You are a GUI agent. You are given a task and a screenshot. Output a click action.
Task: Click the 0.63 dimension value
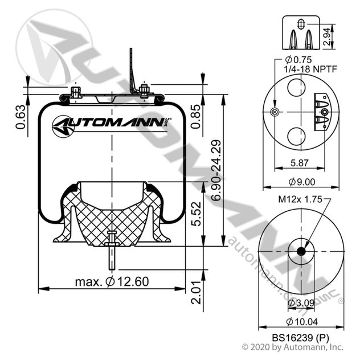click(x=20, y=117)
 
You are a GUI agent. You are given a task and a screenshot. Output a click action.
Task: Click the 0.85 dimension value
click(x=195, y=117)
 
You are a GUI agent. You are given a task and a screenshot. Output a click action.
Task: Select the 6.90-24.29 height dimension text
click(x=216, y=170)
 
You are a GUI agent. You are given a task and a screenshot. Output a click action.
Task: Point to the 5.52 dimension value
click(x=197, y=214)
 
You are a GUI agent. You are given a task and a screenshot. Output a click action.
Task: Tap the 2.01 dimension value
click(x=197, y=292)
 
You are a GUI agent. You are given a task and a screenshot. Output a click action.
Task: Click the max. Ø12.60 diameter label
click(x=112, y=281)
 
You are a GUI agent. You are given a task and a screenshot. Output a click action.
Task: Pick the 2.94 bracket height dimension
click(x=327, y=36)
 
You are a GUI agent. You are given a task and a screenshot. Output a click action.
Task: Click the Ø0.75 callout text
click(x=298, y=60)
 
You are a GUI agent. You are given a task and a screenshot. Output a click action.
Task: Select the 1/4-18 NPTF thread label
click(x=310, y=69)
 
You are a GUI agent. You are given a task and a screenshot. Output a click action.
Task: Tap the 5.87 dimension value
click(x=300, y=163)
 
